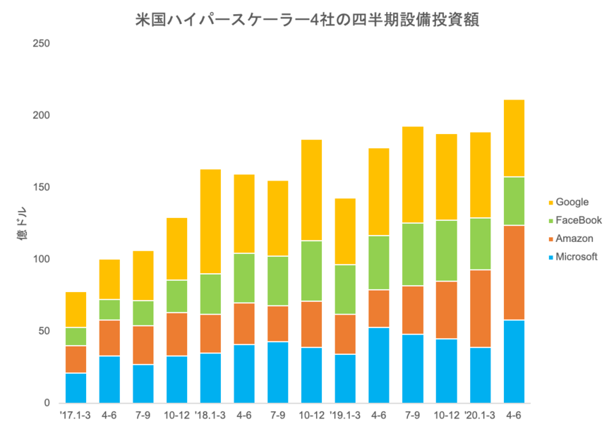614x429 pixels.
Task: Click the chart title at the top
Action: (307, 20)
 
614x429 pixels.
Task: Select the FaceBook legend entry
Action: (578, 220)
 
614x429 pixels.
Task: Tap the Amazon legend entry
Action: (574, 238)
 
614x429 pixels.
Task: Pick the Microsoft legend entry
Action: (576, 257)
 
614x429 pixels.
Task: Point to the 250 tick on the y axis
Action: (40, 44)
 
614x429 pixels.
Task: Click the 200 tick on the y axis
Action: (40, 116)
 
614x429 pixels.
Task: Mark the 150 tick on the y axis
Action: (40, 188)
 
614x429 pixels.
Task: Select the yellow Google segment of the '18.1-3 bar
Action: (210, 221)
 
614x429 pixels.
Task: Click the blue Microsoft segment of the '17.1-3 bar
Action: (76, 387)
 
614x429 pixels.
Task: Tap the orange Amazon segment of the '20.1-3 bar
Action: (480, 308)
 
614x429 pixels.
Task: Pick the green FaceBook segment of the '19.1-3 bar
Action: (345, 289)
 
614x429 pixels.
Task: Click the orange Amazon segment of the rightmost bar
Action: (514, 272)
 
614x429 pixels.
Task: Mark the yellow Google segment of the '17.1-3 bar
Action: (76, 309)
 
